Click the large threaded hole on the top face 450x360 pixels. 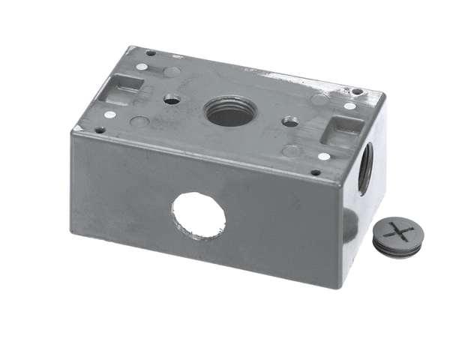[230, 112]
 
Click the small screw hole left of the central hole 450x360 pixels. [172, 99]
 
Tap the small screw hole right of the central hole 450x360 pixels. [289, 119]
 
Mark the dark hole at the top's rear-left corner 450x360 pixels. [150, 53]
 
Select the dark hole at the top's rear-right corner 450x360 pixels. [358, 92]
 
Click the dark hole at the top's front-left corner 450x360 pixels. [99, 129]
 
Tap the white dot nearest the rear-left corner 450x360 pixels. [142, 67]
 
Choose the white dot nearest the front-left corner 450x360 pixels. [109, 115]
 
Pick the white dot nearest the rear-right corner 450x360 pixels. [350, 106]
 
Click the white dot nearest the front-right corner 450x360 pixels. [323, 157]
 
